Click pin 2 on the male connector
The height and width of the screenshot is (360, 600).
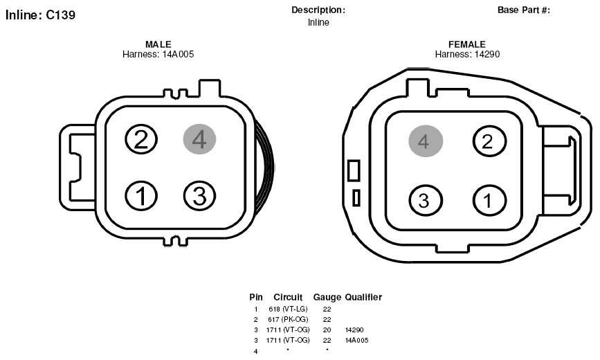141,139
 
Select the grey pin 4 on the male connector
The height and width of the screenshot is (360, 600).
199,139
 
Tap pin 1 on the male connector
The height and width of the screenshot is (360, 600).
141,196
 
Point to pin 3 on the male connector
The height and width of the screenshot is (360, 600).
199,196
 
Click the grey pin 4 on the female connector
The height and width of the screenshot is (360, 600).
426,141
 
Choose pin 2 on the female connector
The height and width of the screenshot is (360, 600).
489,141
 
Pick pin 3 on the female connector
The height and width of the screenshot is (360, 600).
426,200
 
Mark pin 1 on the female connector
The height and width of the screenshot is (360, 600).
489,200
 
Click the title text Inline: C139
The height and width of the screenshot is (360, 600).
40,15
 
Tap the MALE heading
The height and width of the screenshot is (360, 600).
158,44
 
